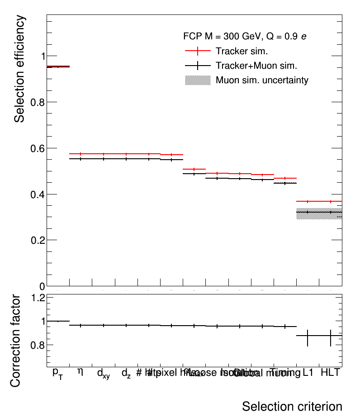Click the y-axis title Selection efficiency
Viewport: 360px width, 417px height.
[19, 69]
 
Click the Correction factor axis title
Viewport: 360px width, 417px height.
[15, 341]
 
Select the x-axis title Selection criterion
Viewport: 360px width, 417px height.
[292, 406]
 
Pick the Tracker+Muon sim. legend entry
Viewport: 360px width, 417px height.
[256, 66]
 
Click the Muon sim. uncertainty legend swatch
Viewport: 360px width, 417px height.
[198, 81]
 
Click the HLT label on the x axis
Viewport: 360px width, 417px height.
[330, 373]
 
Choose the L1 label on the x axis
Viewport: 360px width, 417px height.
[308, 373]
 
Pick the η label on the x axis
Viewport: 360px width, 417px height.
[81, 372]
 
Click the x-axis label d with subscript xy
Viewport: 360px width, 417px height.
[103, 374]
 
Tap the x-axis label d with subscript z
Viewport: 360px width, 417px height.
[126, 374]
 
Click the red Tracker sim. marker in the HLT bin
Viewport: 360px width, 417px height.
[331, 201]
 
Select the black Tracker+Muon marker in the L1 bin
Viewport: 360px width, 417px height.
[308, 212]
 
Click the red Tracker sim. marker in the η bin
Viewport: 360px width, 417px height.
[81, 154]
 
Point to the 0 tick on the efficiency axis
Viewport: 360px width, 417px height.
[42, 286]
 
